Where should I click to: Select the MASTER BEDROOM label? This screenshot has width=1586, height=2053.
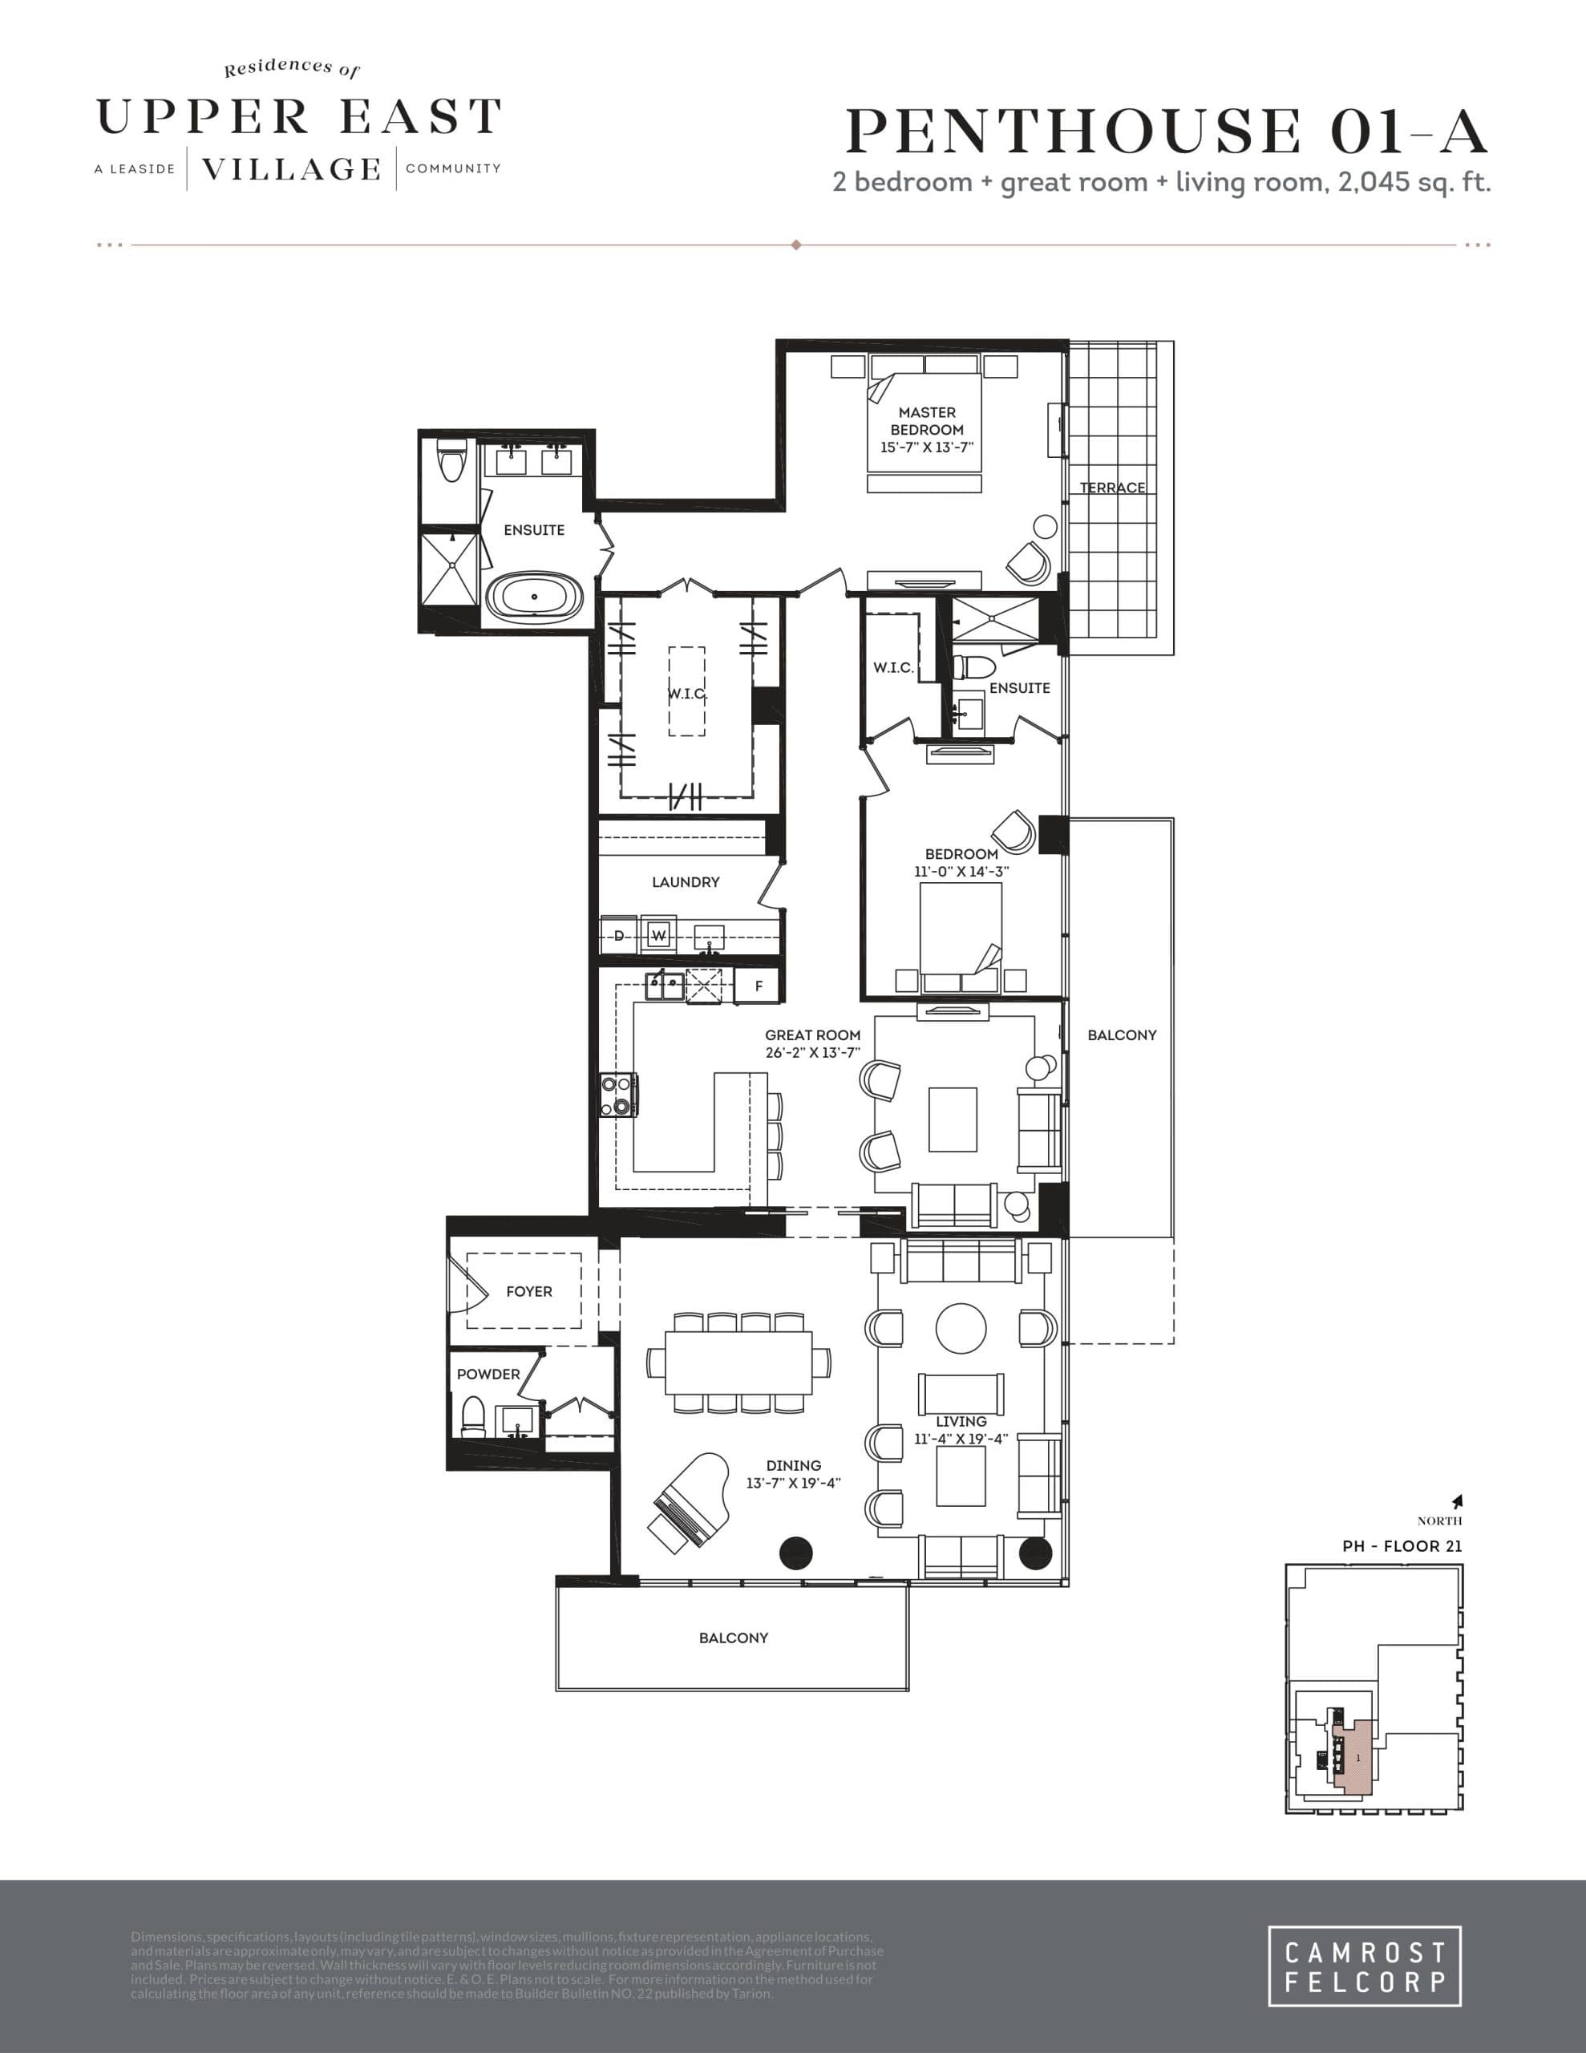pos(926,420)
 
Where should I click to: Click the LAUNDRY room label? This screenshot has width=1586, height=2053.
pos(686,881)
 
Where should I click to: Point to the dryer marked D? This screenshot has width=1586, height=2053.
pos(619,935)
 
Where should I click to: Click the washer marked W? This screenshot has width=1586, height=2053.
pos(659,935)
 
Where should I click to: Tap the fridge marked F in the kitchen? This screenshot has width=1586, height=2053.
pos(759,986)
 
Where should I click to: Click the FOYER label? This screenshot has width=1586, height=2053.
pos(528,1292)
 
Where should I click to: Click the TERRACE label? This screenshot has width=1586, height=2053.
pos(1112,487)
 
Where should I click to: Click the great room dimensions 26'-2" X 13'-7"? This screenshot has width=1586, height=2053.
pos(812,1053)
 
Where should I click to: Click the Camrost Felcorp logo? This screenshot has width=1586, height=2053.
pos(1363,1966)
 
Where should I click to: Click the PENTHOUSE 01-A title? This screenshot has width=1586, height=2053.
pos(1166,132)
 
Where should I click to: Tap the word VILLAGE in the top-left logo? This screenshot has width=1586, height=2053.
pos(291,169)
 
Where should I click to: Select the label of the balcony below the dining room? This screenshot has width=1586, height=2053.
pos(734,1638)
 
